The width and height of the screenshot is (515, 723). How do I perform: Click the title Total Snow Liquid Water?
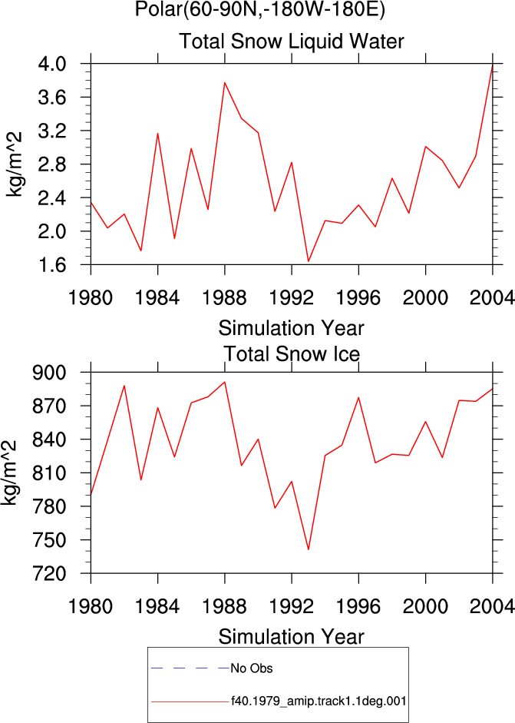pos(291,41)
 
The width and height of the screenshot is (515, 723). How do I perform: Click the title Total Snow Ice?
pos(291,354)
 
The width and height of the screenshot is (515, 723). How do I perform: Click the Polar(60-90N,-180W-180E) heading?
pos(260,8)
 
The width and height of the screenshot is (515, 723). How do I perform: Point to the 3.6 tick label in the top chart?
pos(51,98)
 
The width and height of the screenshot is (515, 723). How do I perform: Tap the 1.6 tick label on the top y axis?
pos(51,265)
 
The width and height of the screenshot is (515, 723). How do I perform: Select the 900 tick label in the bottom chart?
pos(49,372)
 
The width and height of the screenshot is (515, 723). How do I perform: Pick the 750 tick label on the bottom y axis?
pos(49,540)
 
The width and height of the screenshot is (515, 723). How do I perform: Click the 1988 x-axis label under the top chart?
pos(225,298)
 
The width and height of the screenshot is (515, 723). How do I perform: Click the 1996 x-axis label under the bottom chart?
pos(358,606)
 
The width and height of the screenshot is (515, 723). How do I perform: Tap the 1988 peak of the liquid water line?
pos(225,83)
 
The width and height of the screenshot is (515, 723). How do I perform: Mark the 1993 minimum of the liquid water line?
pos(309,261)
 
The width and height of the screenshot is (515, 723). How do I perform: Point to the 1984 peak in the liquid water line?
pos(157,134)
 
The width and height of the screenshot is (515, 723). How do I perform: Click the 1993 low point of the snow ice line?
pos(309,549)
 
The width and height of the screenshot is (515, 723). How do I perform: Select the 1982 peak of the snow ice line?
pos(124,386)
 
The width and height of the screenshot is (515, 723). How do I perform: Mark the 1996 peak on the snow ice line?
pos(358,397)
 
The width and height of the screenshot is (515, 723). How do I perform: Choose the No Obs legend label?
pos(252,668)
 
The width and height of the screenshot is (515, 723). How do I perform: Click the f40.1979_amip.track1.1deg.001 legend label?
pos(319,701)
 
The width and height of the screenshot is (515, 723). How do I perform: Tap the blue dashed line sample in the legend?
pos(190,668)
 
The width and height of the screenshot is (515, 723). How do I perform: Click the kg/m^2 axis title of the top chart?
pos(14,164)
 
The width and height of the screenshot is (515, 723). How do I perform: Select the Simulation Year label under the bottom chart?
pos(291,637)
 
